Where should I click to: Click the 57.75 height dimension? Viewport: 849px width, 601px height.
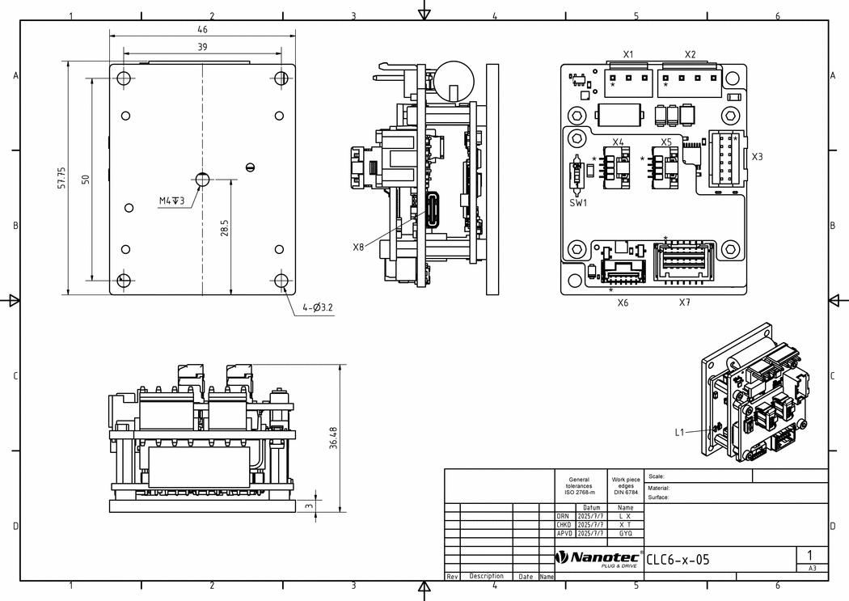click(62, 178)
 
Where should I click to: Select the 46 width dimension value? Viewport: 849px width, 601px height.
click(202, 29)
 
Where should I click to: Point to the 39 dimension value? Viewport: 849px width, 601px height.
click(202, 47)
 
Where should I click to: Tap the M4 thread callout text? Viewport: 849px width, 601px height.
click(171, 201)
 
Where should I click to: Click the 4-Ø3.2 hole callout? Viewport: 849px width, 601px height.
click(318, 307)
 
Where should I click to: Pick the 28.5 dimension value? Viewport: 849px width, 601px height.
click(225, 227)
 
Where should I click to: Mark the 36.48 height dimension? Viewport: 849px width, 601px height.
click(333, 438)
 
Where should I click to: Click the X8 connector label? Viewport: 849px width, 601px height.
click(358, 248)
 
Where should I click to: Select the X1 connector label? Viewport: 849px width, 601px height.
click(628, 54)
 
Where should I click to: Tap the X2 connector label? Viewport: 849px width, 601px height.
click(690, 54)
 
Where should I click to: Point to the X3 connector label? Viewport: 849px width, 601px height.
click(757, 156)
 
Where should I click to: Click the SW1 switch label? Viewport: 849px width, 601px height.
click(578, 203)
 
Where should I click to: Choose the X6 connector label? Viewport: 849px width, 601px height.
click(623, 303)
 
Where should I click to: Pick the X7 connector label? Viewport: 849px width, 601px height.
click(685, 303)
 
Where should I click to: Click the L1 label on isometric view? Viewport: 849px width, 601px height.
click(679, 432)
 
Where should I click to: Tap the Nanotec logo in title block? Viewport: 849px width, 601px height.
click(598, 558)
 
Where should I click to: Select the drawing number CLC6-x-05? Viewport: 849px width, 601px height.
click(678, 559)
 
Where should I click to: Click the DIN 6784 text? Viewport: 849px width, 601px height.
click(626, 493)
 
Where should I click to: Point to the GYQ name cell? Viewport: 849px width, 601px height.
click(625, 533)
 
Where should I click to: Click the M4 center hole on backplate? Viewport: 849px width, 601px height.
click(202, 180)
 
